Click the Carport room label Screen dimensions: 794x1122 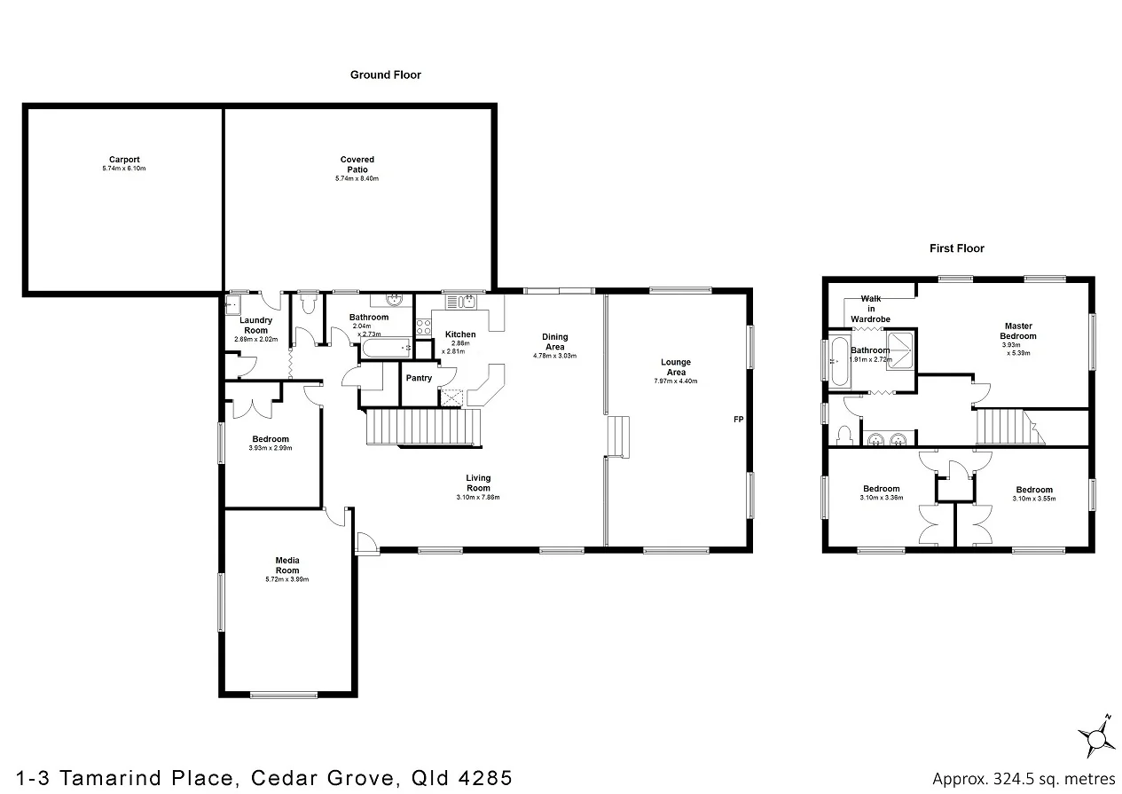click(x=123, y=160)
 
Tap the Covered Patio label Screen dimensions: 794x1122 click(x=357, y=164)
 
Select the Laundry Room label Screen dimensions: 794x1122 click(x=255, y=325)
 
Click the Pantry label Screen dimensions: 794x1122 click(x=419, y=378)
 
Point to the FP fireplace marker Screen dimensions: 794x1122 click(x=737, y=419)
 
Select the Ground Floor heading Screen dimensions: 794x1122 click(x=385, y=75)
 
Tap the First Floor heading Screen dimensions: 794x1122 click(x=956, y=248)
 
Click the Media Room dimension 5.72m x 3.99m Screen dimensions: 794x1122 click(x=286, y=579)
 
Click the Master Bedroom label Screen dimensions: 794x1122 click(x=1017, y=331)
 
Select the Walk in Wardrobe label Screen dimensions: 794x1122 click(x=869, y=309)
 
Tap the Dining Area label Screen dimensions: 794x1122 click(x=554, y=342)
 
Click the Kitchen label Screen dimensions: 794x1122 click(x=459, y=334)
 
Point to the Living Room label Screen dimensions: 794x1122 click(x=478, y=483)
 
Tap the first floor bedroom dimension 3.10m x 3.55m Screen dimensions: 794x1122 click(x=1034, y=499)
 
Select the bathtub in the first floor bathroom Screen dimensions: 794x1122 click(x=838, y=362)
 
